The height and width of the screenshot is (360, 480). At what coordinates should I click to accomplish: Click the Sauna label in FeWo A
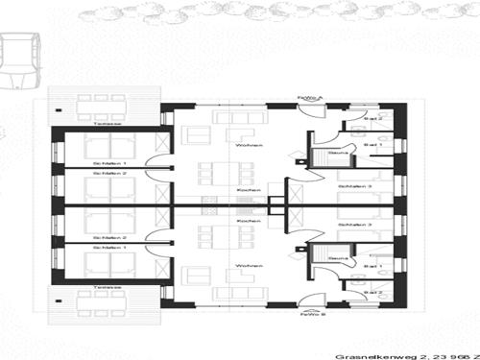click(336, 152)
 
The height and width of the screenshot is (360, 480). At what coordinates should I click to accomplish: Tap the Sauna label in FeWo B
click(336, 258)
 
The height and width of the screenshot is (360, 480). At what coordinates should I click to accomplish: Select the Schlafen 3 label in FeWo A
click(355, 186)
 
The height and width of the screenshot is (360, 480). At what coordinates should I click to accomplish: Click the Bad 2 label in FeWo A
click(373, 118)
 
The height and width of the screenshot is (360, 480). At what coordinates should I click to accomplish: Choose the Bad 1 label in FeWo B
click(373, 266)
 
